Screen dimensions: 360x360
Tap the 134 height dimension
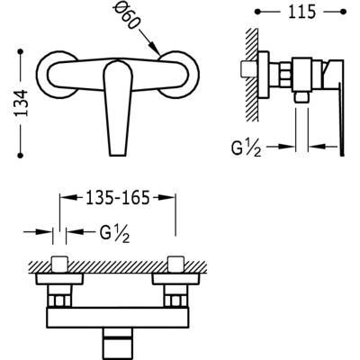(x=22, y=103)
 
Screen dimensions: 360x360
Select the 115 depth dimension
(x=301, y=12)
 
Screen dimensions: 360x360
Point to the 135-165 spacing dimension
(x=118, y=198)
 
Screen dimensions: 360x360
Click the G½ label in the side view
(x=246, y=148)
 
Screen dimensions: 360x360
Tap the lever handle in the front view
(x=118, y=107)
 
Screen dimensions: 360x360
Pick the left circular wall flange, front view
(x=56, y=75)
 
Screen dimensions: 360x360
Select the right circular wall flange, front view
(x=179, y=75)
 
